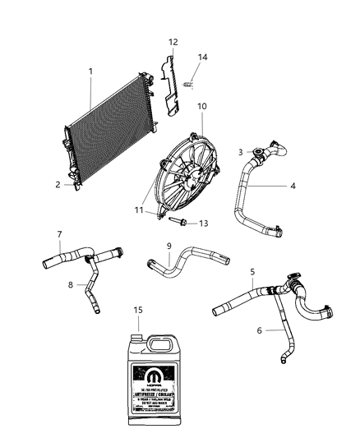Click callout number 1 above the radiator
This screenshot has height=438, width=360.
click(90, 71)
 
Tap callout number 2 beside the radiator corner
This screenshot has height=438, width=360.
click(58, 185)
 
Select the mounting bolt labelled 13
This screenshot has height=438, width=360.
click(180, 222)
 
